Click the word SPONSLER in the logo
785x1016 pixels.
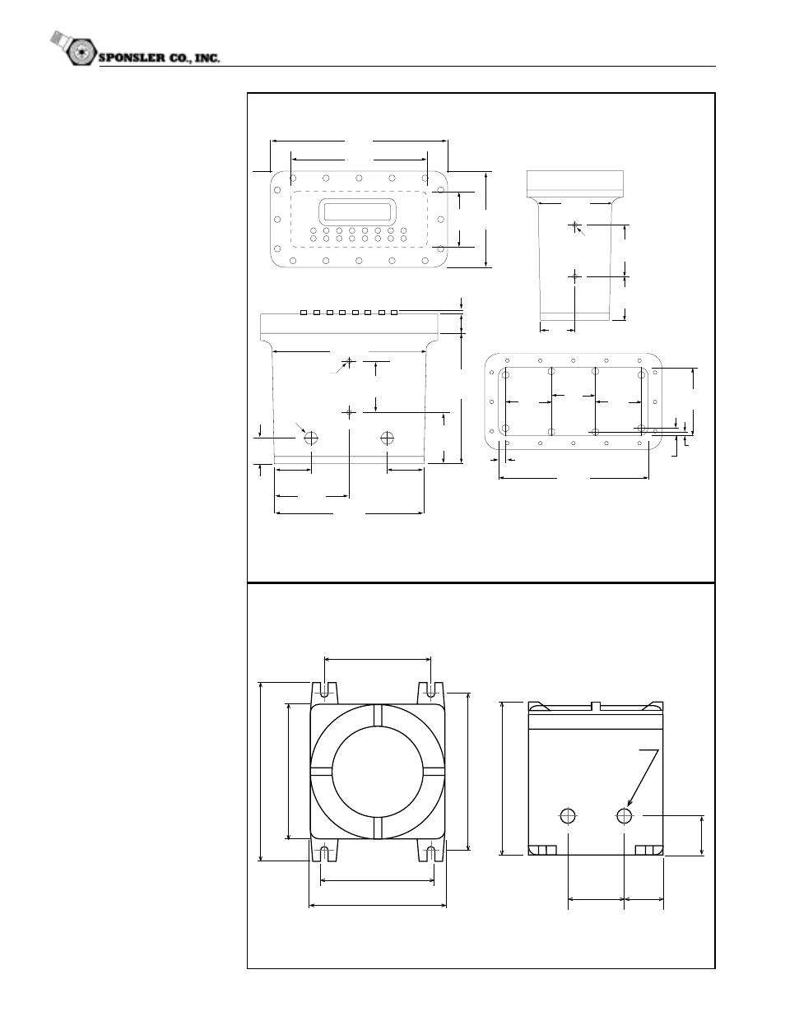point(132,58)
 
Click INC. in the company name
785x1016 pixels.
point(207,58)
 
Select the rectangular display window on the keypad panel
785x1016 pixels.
point(358,211)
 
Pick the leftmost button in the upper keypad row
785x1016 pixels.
point(314,231)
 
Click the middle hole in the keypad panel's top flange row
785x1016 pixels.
point(359,179)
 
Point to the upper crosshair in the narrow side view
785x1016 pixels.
point(574,225)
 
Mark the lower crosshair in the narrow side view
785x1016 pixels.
point(574,276)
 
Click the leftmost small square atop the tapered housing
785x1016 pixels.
point(304,313)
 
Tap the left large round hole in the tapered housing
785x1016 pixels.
point(311,438)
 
